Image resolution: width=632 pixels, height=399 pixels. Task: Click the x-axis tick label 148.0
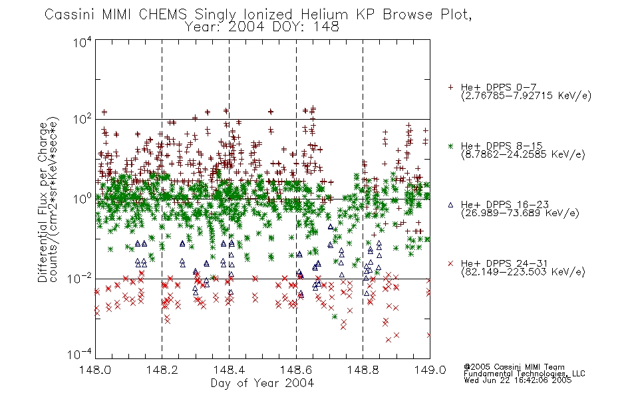click(95, 370)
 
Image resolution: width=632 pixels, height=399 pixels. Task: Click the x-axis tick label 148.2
click(162, 370)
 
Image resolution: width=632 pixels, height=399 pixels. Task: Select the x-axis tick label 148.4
click(229, 370)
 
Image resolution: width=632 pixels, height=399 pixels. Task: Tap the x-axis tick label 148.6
click(296, 370)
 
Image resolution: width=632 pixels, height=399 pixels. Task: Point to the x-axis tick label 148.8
click(363, 370)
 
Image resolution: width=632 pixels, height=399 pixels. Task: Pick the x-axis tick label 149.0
click(430, 370)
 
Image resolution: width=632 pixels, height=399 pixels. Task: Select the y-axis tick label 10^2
click(82, 119)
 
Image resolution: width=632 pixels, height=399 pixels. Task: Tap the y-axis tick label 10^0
click(82, 199)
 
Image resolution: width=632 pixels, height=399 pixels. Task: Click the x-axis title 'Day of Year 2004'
click(262, 383)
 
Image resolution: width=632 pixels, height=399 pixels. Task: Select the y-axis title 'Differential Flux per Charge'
click(43, 202)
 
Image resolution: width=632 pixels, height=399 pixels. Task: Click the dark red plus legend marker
click(450, 87)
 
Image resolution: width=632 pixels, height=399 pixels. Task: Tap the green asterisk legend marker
click(450, 146)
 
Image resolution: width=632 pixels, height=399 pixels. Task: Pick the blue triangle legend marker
click(450, 205)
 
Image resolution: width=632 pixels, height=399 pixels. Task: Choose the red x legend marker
click(450, 263)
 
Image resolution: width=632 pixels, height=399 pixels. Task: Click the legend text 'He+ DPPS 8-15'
click(502, 146)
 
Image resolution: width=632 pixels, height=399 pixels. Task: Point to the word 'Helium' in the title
click(324, 15)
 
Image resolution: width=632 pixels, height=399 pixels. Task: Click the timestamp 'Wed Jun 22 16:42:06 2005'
click(518, 380)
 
